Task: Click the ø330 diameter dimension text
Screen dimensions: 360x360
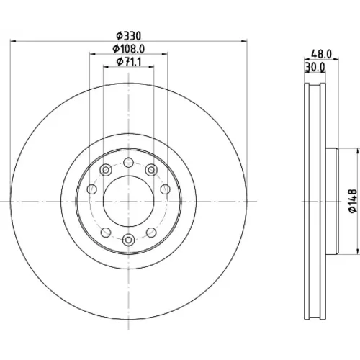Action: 129,36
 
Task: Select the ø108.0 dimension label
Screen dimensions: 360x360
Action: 129,49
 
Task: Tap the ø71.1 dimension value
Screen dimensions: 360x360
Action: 129,62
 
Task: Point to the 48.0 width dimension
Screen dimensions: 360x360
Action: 321,54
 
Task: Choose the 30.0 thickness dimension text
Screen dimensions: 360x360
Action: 315,67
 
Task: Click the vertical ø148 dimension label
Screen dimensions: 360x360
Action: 353,201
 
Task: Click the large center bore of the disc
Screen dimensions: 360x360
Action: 129,201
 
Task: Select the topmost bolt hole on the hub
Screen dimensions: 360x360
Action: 129,163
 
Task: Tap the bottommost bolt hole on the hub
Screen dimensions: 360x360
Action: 129,240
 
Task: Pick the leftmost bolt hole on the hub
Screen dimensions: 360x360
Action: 91,189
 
